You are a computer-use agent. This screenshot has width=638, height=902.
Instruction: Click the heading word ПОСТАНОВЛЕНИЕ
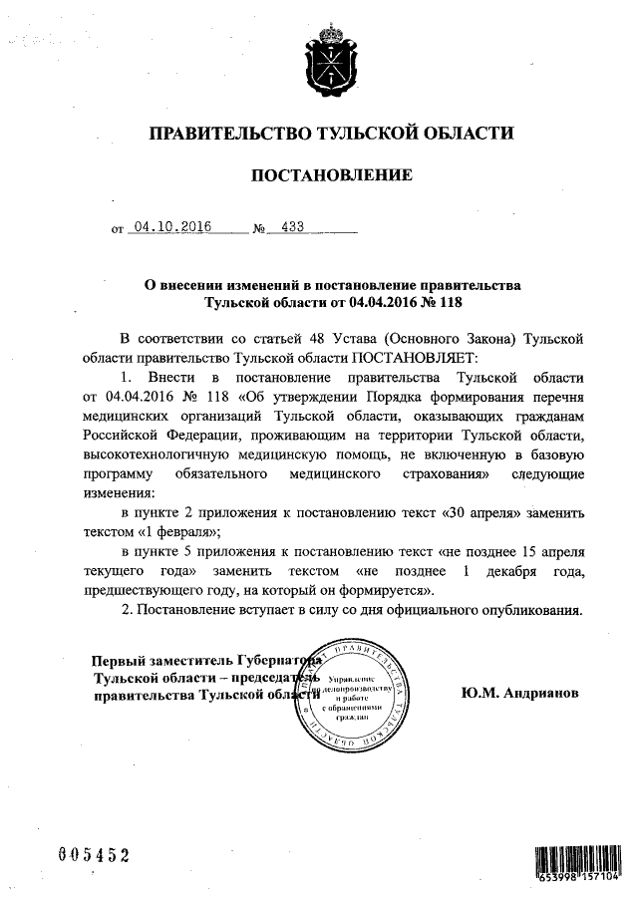click(330, 176)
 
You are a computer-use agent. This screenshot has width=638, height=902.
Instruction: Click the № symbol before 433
click(259, 228)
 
